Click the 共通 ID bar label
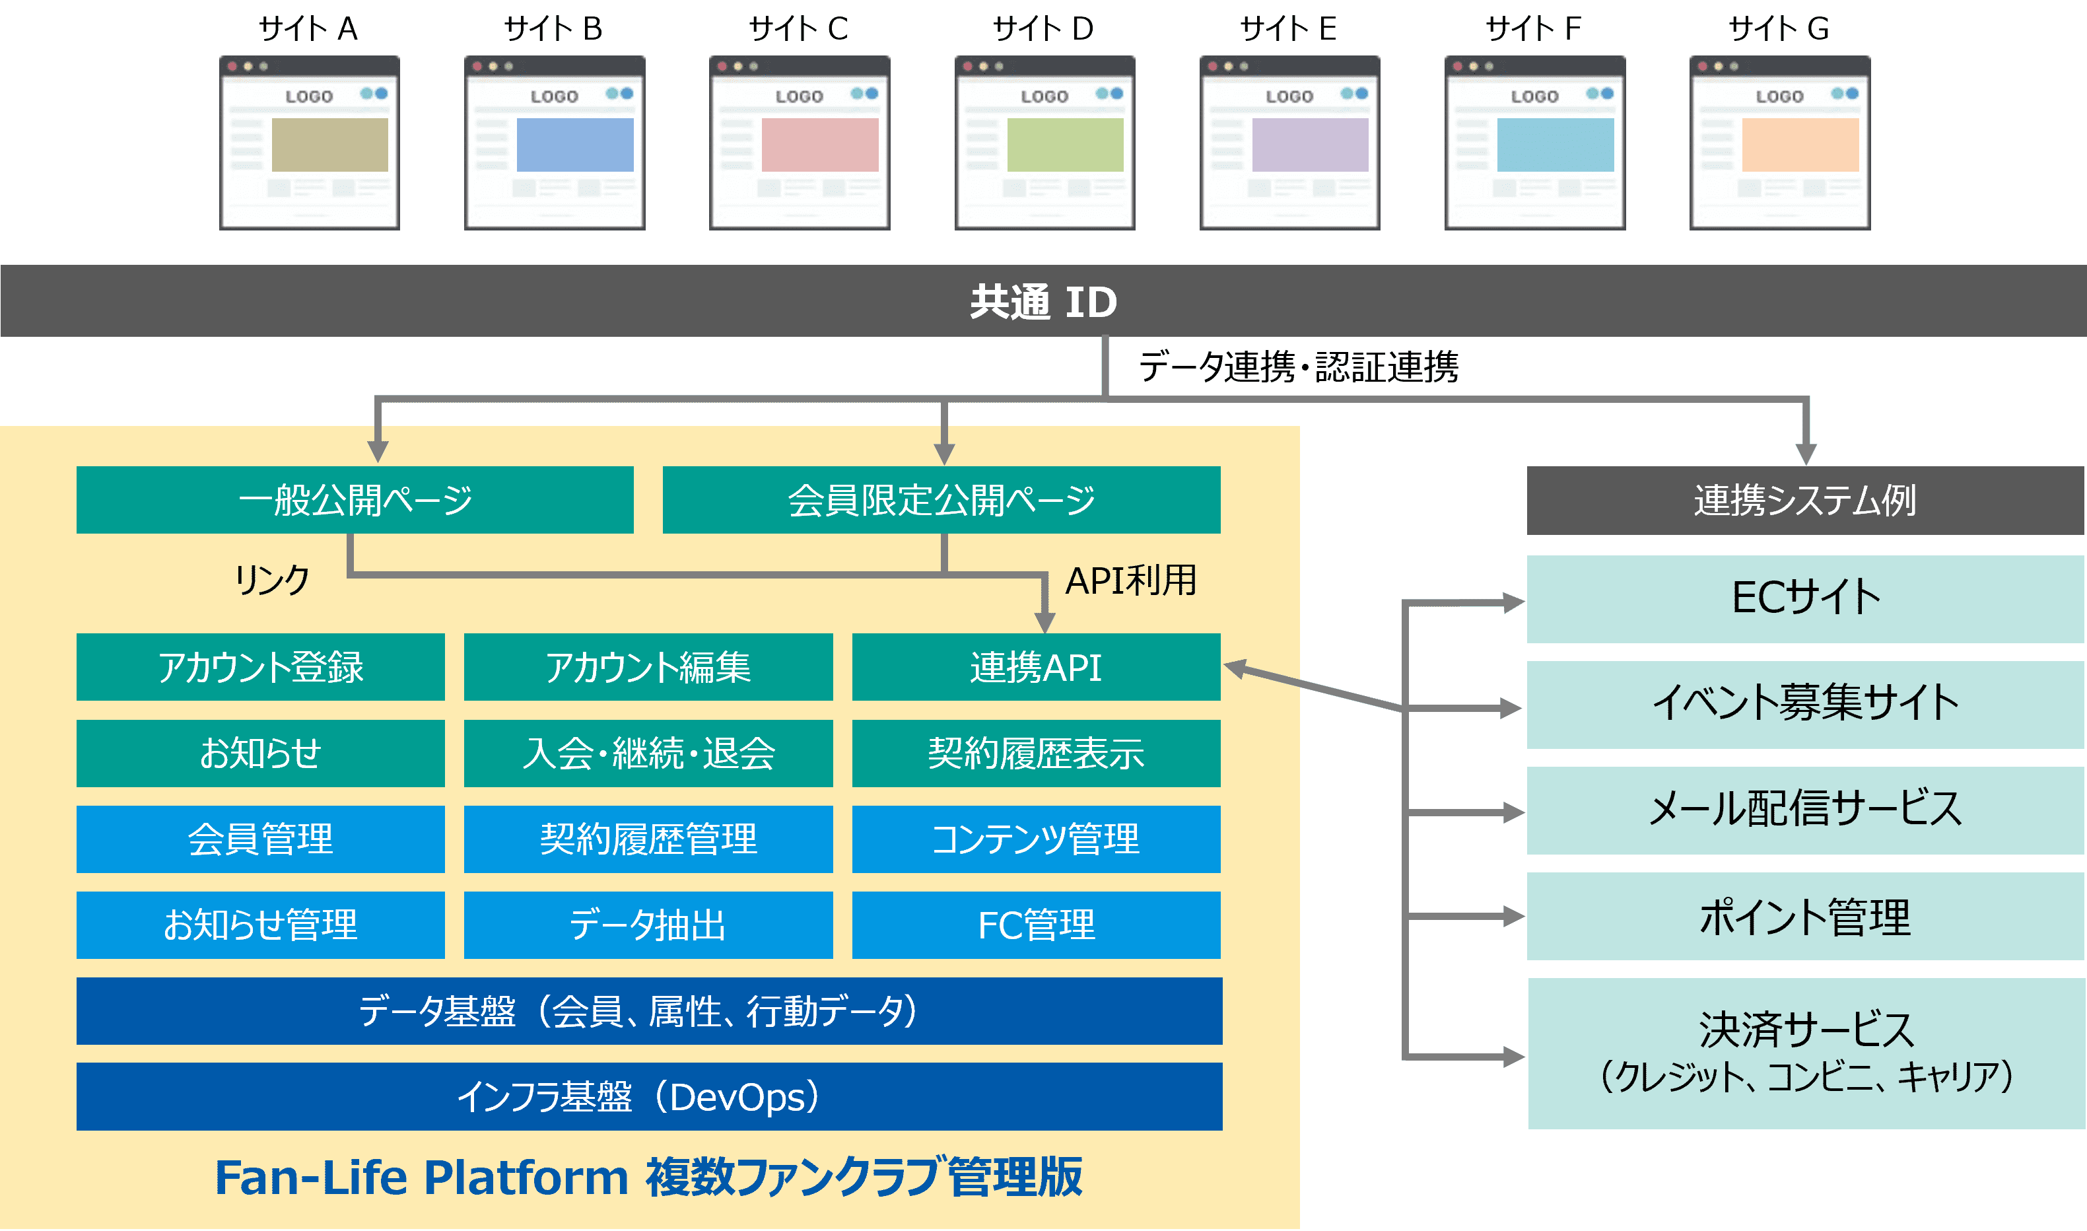click(x=1043, y=302)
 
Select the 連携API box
click(x=1036, y=667)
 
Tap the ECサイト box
click(x=1805, y=598)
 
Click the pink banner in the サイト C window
click(x=819, y=145)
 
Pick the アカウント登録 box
click(x=260, y=667)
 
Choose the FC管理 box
click(x=1036, y=925)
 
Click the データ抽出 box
click(x=648, y=925)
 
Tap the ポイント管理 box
click(x=1805, y=917)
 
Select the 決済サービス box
click(x=1805, y=1053)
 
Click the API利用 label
click(x=1130, y=580)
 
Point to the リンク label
click(x=272, y=580)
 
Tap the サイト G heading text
click(x=1779, y=30)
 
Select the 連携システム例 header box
click(x=1805, y=500)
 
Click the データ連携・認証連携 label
click(x=1299, y=367)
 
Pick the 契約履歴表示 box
click(x=1036, y=754)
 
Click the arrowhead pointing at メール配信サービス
click(x=1513, y=812)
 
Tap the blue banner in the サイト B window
click(x=574, y=145)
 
